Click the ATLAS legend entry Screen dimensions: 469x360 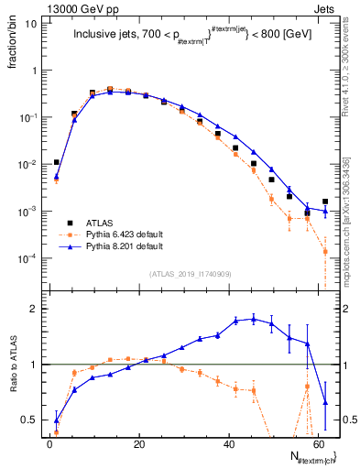97,223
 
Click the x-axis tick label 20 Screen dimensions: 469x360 138,443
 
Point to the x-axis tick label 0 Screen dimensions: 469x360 49,443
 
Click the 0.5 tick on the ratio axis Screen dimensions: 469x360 27,420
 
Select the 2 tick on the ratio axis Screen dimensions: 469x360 32,309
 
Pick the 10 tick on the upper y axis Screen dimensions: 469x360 29,24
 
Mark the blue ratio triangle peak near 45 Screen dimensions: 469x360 253,318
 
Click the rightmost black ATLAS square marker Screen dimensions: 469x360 325,202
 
